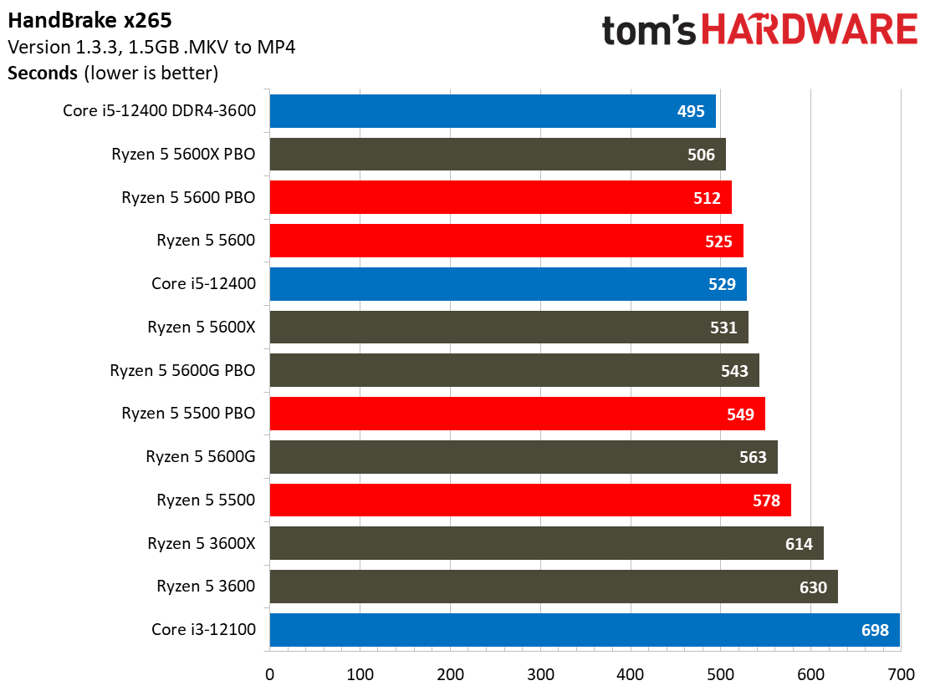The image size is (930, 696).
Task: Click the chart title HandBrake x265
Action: point(89,21)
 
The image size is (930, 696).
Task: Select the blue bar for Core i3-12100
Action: point(585,630)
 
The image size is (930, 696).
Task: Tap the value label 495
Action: point(691,111)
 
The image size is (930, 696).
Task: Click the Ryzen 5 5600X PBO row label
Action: point(183,154)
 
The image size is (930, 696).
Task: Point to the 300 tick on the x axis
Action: point(540,674)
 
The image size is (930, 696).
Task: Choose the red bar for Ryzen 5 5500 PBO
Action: point(517,414)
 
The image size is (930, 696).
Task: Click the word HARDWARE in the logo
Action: point(810,29)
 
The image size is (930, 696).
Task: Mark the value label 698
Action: point(875,630)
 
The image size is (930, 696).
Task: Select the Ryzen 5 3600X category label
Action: point(201,543)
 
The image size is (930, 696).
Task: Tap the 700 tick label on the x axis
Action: point(901,674)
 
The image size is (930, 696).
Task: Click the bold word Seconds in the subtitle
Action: point(43,73)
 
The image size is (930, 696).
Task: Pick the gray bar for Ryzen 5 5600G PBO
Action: point(514,370)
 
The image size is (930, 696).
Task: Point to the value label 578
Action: point(766,500)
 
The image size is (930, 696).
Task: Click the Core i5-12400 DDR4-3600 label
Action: point(160,111)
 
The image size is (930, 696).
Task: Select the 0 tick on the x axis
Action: point(270,674)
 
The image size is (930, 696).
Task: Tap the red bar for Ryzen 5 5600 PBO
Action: point(501,197)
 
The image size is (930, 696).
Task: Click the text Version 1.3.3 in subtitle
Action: point(64,47)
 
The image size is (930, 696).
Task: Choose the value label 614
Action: point(799,544)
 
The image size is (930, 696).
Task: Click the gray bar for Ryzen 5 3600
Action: point(554,587)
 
